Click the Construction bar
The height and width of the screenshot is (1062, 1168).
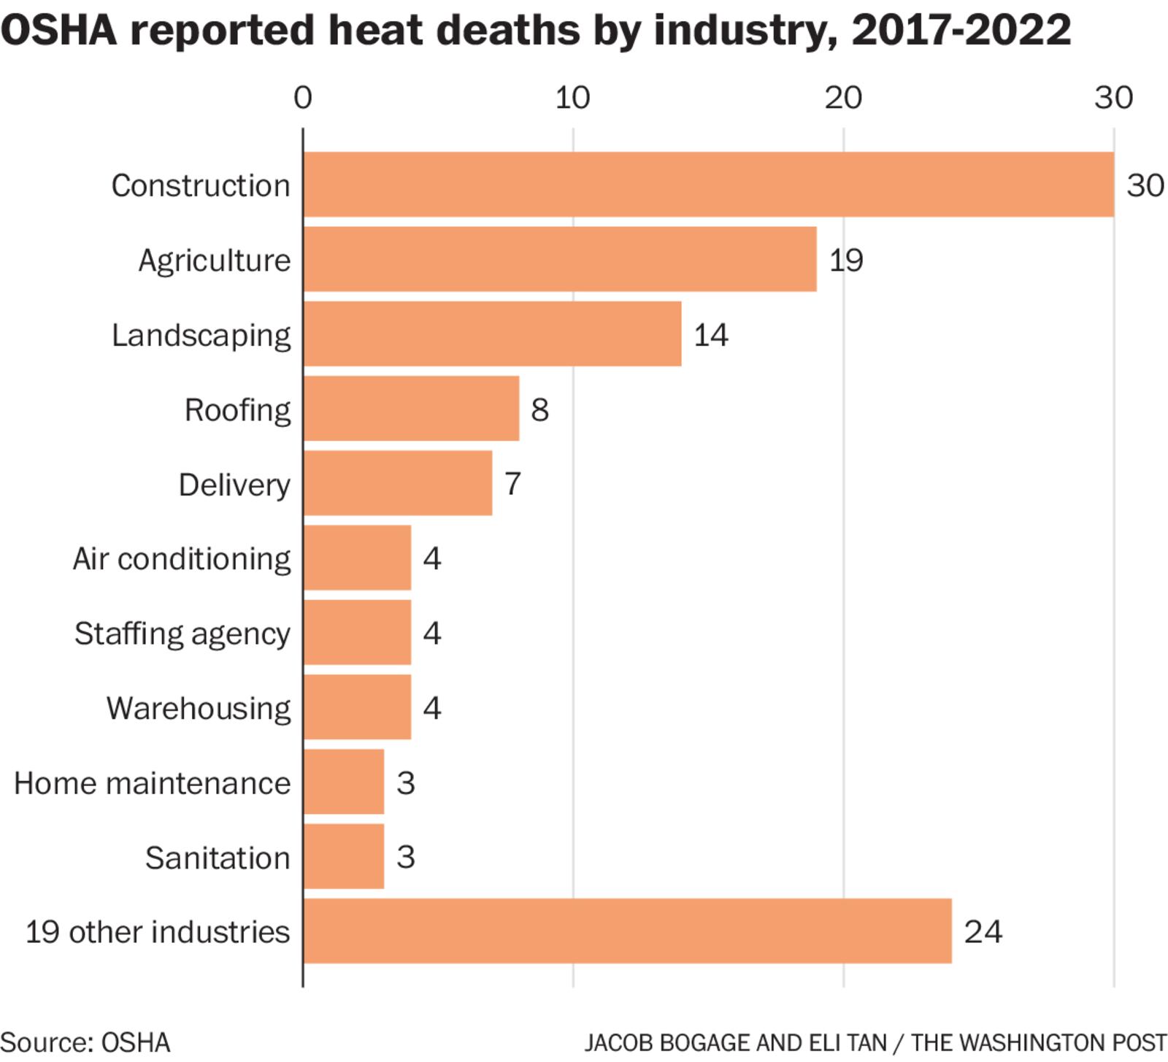[x=708, y=185]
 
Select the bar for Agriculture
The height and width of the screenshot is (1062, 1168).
[x=559, y=259]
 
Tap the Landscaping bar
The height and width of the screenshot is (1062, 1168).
[x=492, y=334]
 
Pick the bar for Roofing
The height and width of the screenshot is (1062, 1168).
[x=411, y=409]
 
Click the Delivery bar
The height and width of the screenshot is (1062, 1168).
[x=397, y=483]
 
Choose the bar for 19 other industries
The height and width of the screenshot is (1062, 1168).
[x=627, y=931]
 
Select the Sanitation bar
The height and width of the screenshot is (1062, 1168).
[x=343, y=856]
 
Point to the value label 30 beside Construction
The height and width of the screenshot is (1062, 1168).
[x=1145, y=185]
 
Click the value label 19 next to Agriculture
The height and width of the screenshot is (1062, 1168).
[x=846, y=260]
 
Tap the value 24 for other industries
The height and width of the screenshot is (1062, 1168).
[x=983, y=931]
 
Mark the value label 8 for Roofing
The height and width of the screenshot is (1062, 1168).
[x=539, y=409]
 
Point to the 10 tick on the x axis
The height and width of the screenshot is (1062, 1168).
[x=572, y=98]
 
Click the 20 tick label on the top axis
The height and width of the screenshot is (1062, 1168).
[x=843, y=98]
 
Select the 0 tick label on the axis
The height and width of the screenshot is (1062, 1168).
[x=302, y=98]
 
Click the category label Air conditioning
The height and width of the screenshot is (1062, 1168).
[x=181, y=559]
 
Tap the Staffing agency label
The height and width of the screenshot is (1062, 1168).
[x=182, y=634]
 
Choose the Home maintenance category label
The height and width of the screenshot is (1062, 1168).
[x=152, y=783]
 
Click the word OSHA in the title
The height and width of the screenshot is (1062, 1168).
[x=58, y=31]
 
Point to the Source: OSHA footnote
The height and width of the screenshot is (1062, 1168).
[x=85, y=1042]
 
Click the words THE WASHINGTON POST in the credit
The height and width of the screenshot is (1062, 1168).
[x=1038, y=1042]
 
